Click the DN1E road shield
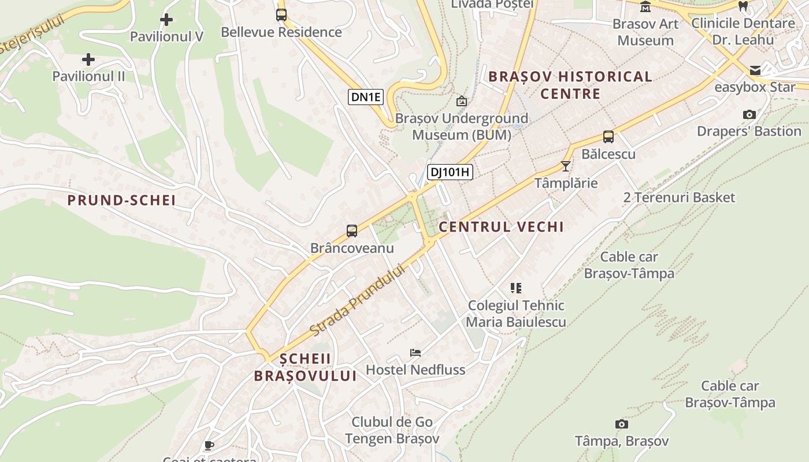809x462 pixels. click(x=366, y=97)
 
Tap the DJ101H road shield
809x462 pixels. click(x=450, y=172)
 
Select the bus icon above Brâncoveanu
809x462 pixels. click(x=352, y=231)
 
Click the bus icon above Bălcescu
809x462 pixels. click(x=608, y=137)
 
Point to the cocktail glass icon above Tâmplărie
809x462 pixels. click(x=566, y=166)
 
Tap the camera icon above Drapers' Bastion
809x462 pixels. click(x=749, y=114)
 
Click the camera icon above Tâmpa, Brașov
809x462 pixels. click(x=622, y=424)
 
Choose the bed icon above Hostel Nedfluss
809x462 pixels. click(x=415, y=352)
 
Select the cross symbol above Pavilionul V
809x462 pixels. click(x=166, y=20)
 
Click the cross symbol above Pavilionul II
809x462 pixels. click(x=88, y=59)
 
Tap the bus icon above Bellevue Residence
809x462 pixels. click(x=281, y=15)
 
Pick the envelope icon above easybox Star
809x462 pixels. click(x=755, y=70)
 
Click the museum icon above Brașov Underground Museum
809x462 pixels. click(x=462, y=102)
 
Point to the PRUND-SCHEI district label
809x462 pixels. click(x=121, y=200)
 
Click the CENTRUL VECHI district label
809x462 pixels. click(x=501, y=227)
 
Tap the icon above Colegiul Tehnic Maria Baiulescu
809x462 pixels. click(x=516, y=288)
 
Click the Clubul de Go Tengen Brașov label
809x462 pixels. click(x=392, y=430)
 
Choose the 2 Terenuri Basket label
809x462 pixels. click(x=679, y=198)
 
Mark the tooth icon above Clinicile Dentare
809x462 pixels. click(x=744, y=6)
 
